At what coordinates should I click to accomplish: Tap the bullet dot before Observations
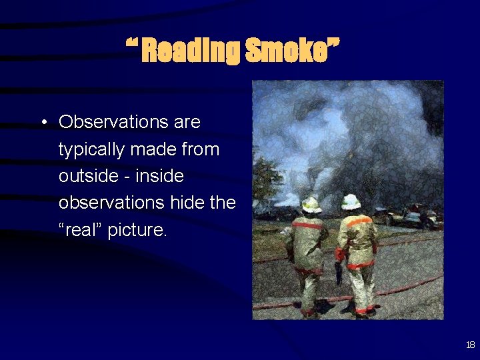coord(42,123)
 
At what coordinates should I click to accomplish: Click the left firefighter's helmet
coord(311,205)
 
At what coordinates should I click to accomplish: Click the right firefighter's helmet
coord(351,201)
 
